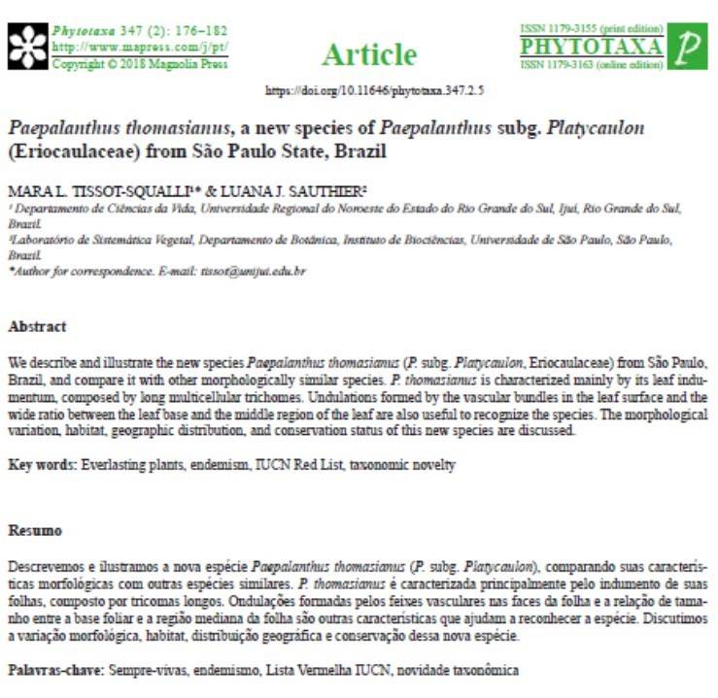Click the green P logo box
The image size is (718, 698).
691,47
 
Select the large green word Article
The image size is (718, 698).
368,53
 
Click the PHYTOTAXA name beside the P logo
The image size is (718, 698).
592,47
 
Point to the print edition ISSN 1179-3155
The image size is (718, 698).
592,28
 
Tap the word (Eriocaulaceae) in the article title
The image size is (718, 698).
69,153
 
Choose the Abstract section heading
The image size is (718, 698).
37,327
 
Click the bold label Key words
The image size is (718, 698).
37,466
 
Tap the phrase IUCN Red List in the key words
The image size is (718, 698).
306,466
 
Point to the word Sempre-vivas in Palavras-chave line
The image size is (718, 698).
143,670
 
